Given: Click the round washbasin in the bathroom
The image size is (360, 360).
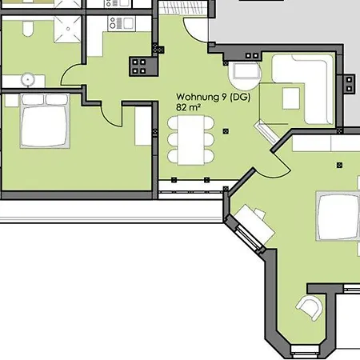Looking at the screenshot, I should tap(28, 79).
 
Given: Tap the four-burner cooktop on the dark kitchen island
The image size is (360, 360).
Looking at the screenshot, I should tap(142, 66).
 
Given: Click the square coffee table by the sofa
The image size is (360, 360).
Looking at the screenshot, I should tap(290, 98).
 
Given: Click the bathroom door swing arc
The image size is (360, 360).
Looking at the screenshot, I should tap(74, 77).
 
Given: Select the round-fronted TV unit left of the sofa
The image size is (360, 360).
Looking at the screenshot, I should tap(244, 75).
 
